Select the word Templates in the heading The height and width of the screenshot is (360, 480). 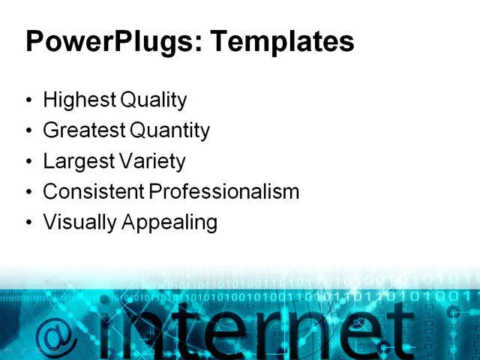pos(282,42)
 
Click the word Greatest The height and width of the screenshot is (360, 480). pos(84,130)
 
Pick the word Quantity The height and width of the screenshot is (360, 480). pos(170,130)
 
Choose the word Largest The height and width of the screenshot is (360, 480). pos(76,161)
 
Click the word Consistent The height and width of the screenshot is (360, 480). pos(93,192)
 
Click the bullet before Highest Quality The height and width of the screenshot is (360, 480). pos(29,100)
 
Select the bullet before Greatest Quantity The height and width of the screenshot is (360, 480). pos(29,131)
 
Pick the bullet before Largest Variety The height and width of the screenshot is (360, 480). pos(29,162)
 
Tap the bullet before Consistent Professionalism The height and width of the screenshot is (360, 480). pos(29,193)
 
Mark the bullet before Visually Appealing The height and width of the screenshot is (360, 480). pos(29,223)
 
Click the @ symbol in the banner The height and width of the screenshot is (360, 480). pos(55,330)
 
